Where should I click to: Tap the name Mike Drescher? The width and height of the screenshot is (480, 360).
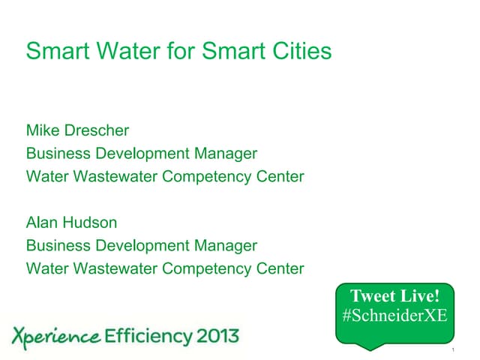click(x=77, y=130)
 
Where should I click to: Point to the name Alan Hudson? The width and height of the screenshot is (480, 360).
click(x=71, y=223)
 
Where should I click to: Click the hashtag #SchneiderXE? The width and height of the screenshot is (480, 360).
click(x=394, y=316)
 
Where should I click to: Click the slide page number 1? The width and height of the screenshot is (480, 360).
click(x=454, y=350)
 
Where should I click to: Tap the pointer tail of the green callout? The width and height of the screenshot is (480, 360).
click(x=373, y=346)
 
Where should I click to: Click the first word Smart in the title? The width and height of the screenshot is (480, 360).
click(x=53, y=51)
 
